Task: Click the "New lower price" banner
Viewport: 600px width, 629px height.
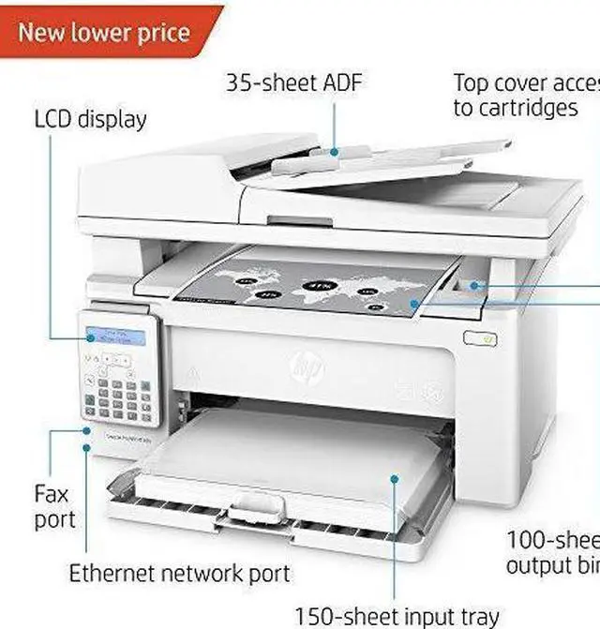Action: (x=105, y=32)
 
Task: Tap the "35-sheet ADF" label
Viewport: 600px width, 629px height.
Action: (x=293, y=82)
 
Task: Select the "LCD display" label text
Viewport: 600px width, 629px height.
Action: (x=91, y=120)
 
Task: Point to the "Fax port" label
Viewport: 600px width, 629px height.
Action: (x=54, y=506)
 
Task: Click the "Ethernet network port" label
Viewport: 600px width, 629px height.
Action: (x=179, y=573)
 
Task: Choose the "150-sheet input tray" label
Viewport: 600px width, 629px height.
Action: (x=397, y=616)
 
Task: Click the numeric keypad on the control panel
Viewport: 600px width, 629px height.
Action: (x=117, y=398)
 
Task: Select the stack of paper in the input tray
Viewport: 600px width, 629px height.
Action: (x=281, y=459)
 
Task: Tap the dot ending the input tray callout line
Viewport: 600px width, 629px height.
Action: (x=395, y=479)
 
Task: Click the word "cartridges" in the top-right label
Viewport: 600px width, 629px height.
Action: (x=516, y=108)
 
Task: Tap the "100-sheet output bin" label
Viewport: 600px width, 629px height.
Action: (x=553, y=553)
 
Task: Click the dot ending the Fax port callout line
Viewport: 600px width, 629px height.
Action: (x=86, y=433)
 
